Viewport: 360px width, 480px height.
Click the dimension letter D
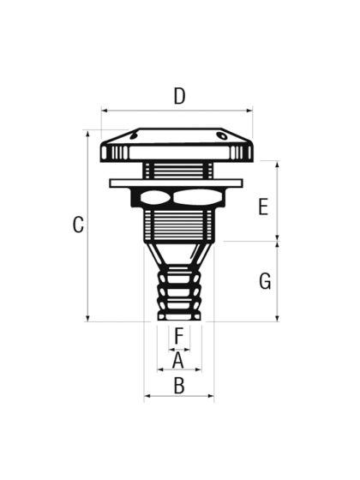coord(179,96)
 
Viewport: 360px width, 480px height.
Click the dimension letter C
coord(78,225)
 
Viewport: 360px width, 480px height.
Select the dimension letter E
coord(263,207)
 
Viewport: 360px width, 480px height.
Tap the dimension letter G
coord(265,281)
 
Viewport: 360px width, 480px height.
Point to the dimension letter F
coord(178,335)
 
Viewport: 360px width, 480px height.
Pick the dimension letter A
coord(178,360)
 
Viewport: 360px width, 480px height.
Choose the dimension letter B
coord(179,386)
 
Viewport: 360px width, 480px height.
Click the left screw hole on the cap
coord(133,135)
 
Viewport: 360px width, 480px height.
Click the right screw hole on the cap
coord(222,135)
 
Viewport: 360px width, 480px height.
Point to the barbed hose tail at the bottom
coord(179,293)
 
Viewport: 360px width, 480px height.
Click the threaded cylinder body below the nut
coord(178,226)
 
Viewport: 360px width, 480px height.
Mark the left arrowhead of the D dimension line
coord(104,110)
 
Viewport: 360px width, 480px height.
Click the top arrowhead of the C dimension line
coord(87,134)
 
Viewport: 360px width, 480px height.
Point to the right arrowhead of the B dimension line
coord(211,397)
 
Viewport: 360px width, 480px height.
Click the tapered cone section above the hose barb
coord(178,254)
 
